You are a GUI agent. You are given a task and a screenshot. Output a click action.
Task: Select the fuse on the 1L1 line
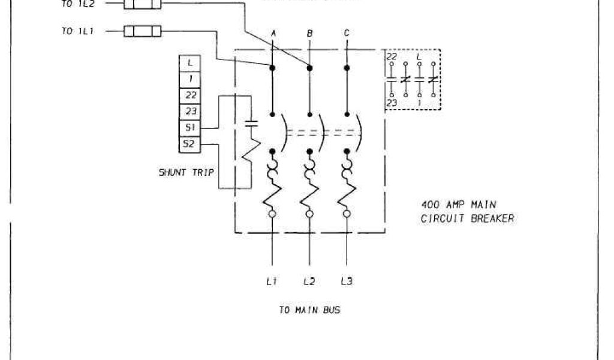click(x=142, y=31)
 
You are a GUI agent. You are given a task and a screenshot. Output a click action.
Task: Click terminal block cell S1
click(x=190, y=128)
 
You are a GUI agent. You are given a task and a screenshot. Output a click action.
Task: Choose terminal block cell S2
click(x=190, y=144)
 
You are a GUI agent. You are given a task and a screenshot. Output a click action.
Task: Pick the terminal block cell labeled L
click(x=190, y=62)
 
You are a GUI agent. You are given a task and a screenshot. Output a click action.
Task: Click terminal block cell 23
click(x=190, y=111)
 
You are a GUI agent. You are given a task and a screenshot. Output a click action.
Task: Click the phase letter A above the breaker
click(x=273, y=34)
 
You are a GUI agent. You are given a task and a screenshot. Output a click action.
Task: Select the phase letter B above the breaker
click(x=310, y=34)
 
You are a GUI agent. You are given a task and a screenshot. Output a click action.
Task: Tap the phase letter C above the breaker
click(x=347, y=34)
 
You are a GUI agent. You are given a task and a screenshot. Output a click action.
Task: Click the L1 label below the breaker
click(x=272, y=280)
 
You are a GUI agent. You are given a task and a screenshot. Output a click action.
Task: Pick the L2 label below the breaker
click(x=309, y=280)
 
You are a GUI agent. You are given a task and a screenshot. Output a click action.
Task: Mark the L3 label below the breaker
click(x=347, y=280)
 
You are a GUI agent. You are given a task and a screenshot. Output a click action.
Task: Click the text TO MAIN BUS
click(x=310, y=310)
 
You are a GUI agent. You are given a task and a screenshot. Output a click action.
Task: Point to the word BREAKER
click(x=491, y=219)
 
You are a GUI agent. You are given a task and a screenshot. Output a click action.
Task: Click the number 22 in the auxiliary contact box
click(x=392, y=56)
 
